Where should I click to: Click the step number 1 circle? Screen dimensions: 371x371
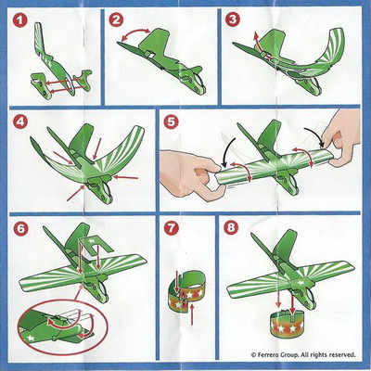pos(20,20)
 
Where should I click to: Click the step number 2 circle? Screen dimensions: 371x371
pos(116,20)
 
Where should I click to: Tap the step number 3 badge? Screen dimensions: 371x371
pos(232,19)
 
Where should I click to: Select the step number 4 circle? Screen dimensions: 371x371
pos(20,122)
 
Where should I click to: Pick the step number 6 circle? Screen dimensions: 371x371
pos(20,228)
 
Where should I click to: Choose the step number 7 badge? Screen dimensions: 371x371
pos(172,228)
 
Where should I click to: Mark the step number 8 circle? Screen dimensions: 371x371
pos(231,228)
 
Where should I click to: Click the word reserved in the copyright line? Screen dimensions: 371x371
pos(343,354)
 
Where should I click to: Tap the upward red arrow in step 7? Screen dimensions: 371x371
pos(192,315)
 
